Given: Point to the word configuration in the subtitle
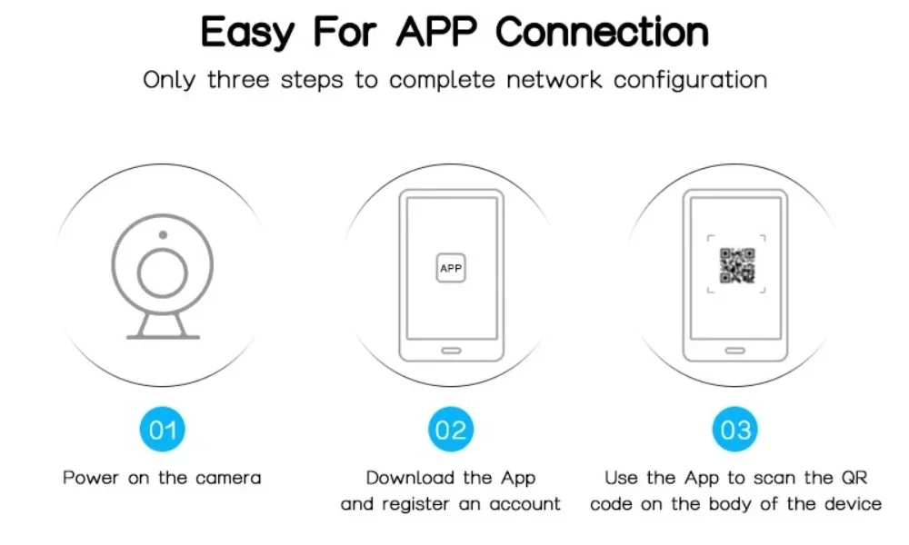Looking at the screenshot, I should [690, 80].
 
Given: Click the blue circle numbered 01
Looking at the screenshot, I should [163, 429].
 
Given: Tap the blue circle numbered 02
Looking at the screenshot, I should [451, 429].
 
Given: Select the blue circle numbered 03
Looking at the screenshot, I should [736, 429].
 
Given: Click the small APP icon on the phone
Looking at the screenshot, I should [451, 268].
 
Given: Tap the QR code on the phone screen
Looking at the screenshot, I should [737, 265].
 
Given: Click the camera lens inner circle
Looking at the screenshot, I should [162, 272].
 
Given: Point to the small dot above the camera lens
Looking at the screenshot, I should [162, 235].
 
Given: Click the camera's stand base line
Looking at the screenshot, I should [163, 337].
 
